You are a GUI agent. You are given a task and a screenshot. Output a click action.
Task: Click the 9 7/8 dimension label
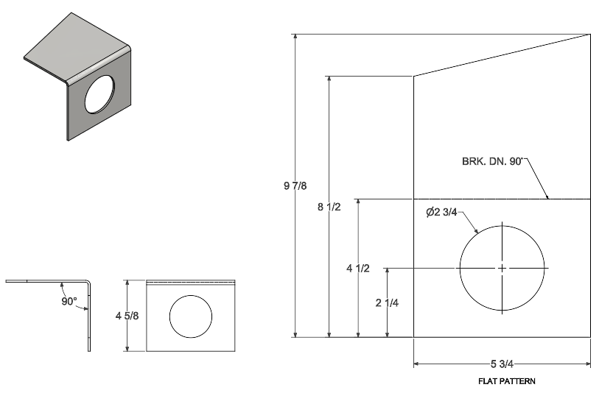(295, 185)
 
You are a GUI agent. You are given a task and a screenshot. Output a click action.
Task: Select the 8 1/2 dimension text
(329, 207)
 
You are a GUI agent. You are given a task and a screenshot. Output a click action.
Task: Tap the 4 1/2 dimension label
(358, 268)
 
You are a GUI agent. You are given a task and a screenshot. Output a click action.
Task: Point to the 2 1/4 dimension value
(387, 302)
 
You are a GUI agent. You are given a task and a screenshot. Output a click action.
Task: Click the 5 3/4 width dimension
(502, 364)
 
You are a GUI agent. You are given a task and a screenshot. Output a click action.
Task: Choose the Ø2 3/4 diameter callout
(441, 212)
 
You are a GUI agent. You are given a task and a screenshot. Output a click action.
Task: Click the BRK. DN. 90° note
(492, 161)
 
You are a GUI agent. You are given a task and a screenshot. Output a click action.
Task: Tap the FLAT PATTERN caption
(507, 380)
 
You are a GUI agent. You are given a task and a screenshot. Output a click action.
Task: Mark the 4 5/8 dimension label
(127, 316)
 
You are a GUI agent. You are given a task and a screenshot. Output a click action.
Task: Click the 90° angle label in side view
(69, 301)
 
